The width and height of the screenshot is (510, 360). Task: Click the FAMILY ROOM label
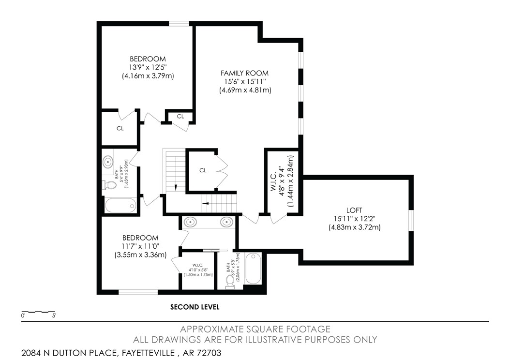click(x=245, y=73)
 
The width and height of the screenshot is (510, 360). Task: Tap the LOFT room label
click(x=354, y=210)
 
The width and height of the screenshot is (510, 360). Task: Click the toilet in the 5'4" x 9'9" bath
click(x=111, y=185)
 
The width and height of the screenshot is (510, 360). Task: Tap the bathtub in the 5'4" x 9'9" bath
click(x=120, y=205)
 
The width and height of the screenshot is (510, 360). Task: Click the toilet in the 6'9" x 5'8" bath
click(x=230, y=280)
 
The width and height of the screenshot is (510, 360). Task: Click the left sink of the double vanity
click(x=190, y=222)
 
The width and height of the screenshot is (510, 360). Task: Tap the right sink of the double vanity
click(x=226, y=222)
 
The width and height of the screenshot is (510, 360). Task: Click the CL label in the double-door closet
click(x=203, y=170)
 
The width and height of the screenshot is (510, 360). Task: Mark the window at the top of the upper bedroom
click(x=179, y=23)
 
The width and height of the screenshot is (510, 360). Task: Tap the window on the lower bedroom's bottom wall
click(x=138, y=292)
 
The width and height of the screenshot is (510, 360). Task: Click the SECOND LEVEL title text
click(x=195, y=307)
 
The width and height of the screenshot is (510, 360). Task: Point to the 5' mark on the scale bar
click(x=53, y=315)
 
